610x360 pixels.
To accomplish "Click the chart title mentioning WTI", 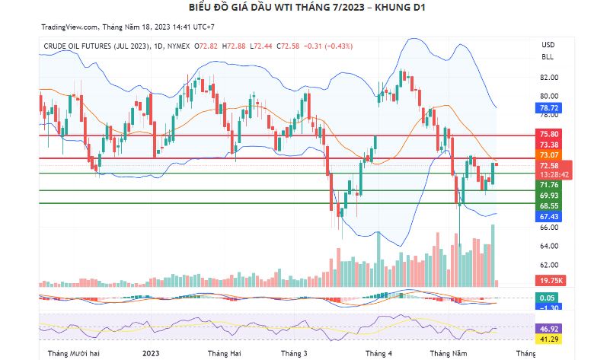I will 305,8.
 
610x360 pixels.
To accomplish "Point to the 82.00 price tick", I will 549,78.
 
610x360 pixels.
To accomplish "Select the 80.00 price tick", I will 549,97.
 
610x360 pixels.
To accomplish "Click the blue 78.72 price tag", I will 549,108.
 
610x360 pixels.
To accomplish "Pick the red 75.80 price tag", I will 549,135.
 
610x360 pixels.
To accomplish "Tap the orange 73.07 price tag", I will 549,155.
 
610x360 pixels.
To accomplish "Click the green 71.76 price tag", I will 549,185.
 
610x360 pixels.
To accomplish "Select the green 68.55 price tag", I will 549,206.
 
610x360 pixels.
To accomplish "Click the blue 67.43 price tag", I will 549,217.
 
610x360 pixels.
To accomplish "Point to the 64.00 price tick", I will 549,247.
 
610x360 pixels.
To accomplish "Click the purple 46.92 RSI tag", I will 549,328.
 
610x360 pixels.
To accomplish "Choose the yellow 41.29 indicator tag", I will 549,338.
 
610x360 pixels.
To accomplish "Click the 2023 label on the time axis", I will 152,354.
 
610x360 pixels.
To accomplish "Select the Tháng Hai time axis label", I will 224,354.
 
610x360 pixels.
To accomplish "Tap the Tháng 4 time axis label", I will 378,354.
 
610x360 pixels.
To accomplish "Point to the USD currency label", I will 548,44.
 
